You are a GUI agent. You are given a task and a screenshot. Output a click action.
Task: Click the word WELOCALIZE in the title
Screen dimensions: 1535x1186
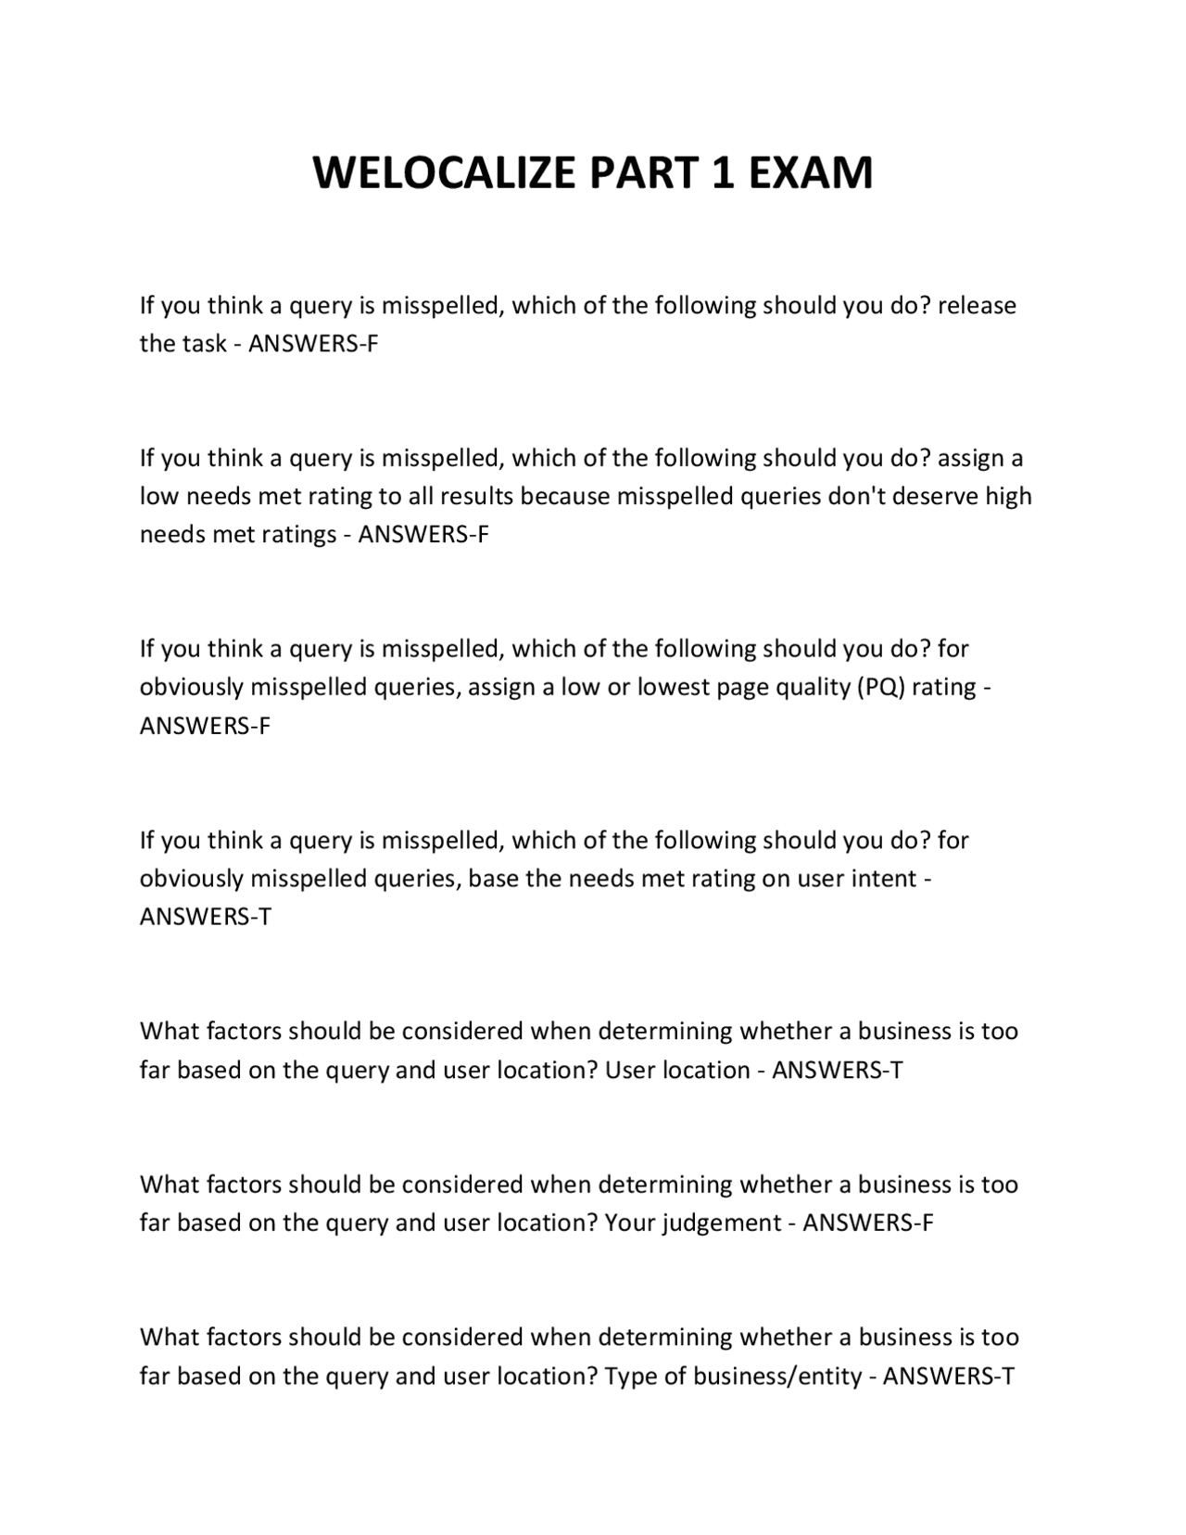(x=444, y=173)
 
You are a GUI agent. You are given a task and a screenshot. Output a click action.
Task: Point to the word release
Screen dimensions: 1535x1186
(x=977, y=306)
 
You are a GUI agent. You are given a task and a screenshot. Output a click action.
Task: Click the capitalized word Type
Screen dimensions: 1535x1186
(x=630, y=1376)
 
